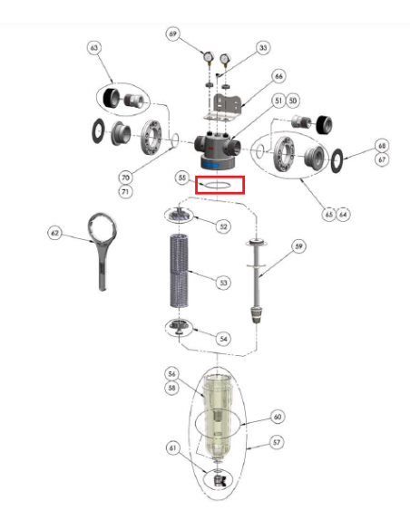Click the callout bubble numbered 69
[x=172, y=34]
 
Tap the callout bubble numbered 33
[x=263, y=48]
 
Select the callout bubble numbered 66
[x=278, y=76]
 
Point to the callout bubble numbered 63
[x=94, y=48]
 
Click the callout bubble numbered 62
[x=54, y=233]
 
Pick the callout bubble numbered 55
[x=182, y=178]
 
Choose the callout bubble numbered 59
[x=298, y=246]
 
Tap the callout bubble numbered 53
[x=223, y=283]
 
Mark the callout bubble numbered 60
[x=278, y=417]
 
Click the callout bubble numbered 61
[x=172, y=448]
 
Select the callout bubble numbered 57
[x=277, y=442]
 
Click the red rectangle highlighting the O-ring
[x=220, y=177]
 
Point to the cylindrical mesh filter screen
[x=179, y=270]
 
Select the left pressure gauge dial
[x=208, y=57]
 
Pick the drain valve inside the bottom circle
[x=220, y=480]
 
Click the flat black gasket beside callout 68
[x=337, y=160]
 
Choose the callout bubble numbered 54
[x=223, y=339]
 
